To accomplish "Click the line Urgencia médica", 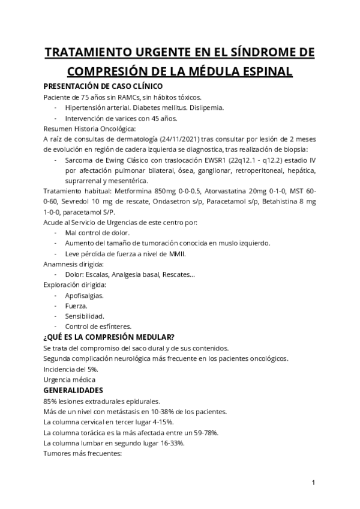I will click(x=70, y=379).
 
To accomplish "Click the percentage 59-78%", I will click(x=203, y=432).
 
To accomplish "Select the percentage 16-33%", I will click(x=170, y=442).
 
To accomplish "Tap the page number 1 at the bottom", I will click(x=313, y=482).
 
